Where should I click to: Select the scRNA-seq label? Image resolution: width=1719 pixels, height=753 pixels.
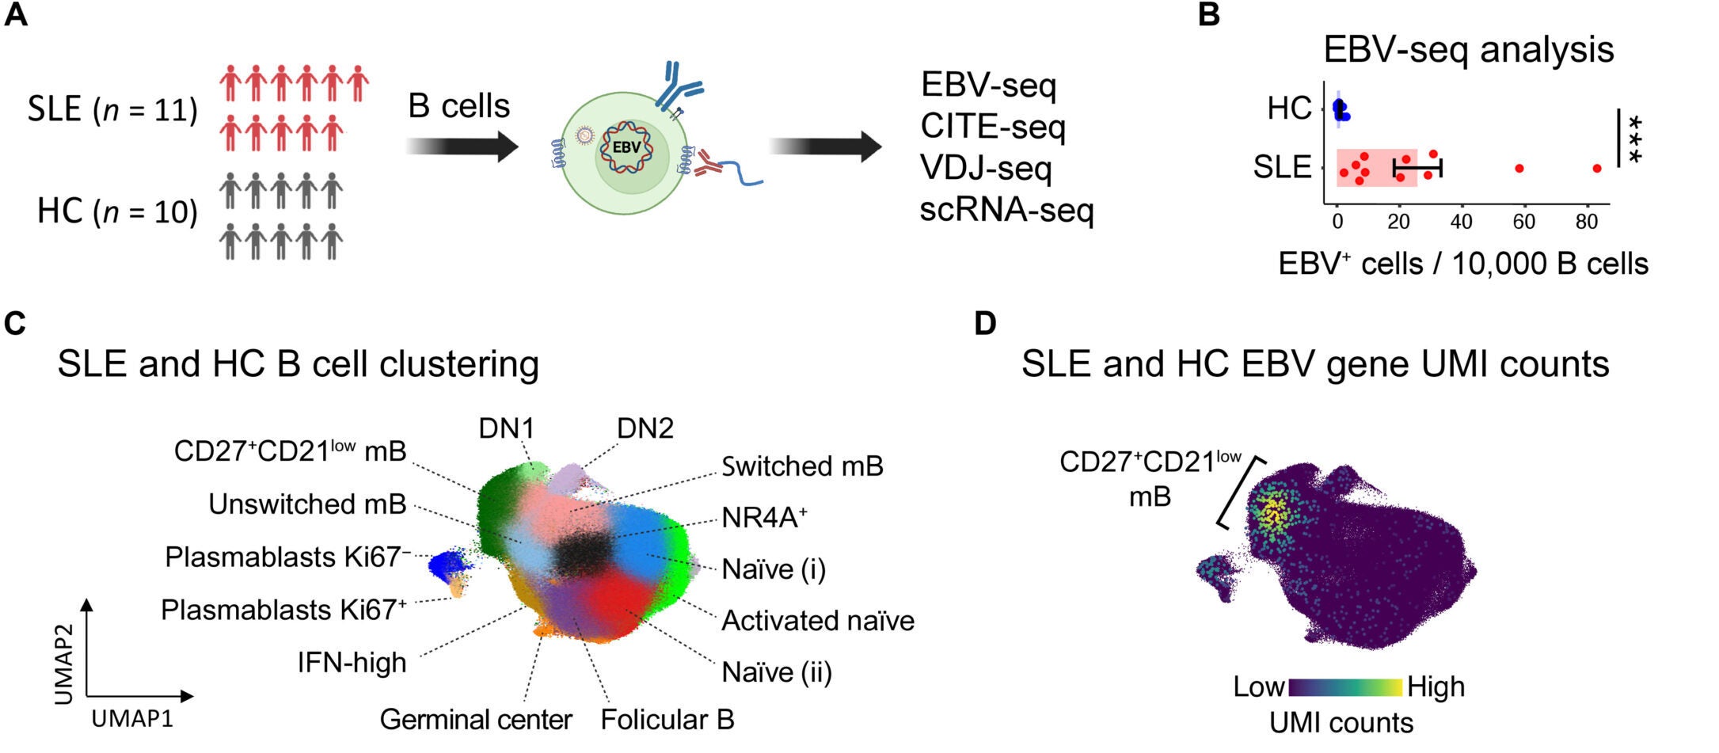coord(1006,210)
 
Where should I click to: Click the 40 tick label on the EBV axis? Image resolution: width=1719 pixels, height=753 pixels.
coord(1461,222)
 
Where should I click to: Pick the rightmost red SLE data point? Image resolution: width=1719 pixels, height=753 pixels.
coord(1597,169)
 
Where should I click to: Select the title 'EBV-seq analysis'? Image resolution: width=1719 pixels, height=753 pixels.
coord(1468,50)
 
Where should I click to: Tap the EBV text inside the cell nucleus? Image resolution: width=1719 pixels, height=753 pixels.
coord(626,148)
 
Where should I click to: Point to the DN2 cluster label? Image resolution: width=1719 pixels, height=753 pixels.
coord(645,428)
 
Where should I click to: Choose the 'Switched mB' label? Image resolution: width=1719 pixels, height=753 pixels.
coord(802,466)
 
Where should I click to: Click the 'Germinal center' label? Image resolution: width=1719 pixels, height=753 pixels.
coord(476,720)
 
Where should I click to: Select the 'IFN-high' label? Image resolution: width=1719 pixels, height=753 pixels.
coord(352,662)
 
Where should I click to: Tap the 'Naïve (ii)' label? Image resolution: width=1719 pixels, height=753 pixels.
coord(777,672)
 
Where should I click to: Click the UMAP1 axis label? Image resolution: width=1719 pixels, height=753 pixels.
coord(132,719)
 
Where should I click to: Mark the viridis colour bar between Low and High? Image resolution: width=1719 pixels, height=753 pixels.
coord(1345,686)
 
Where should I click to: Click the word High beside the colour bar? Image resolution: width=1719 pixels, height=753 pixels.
coord(1436,686)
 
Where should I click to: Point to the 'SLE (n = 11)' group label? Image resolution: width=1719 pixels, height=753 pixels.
coord(112,109)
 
